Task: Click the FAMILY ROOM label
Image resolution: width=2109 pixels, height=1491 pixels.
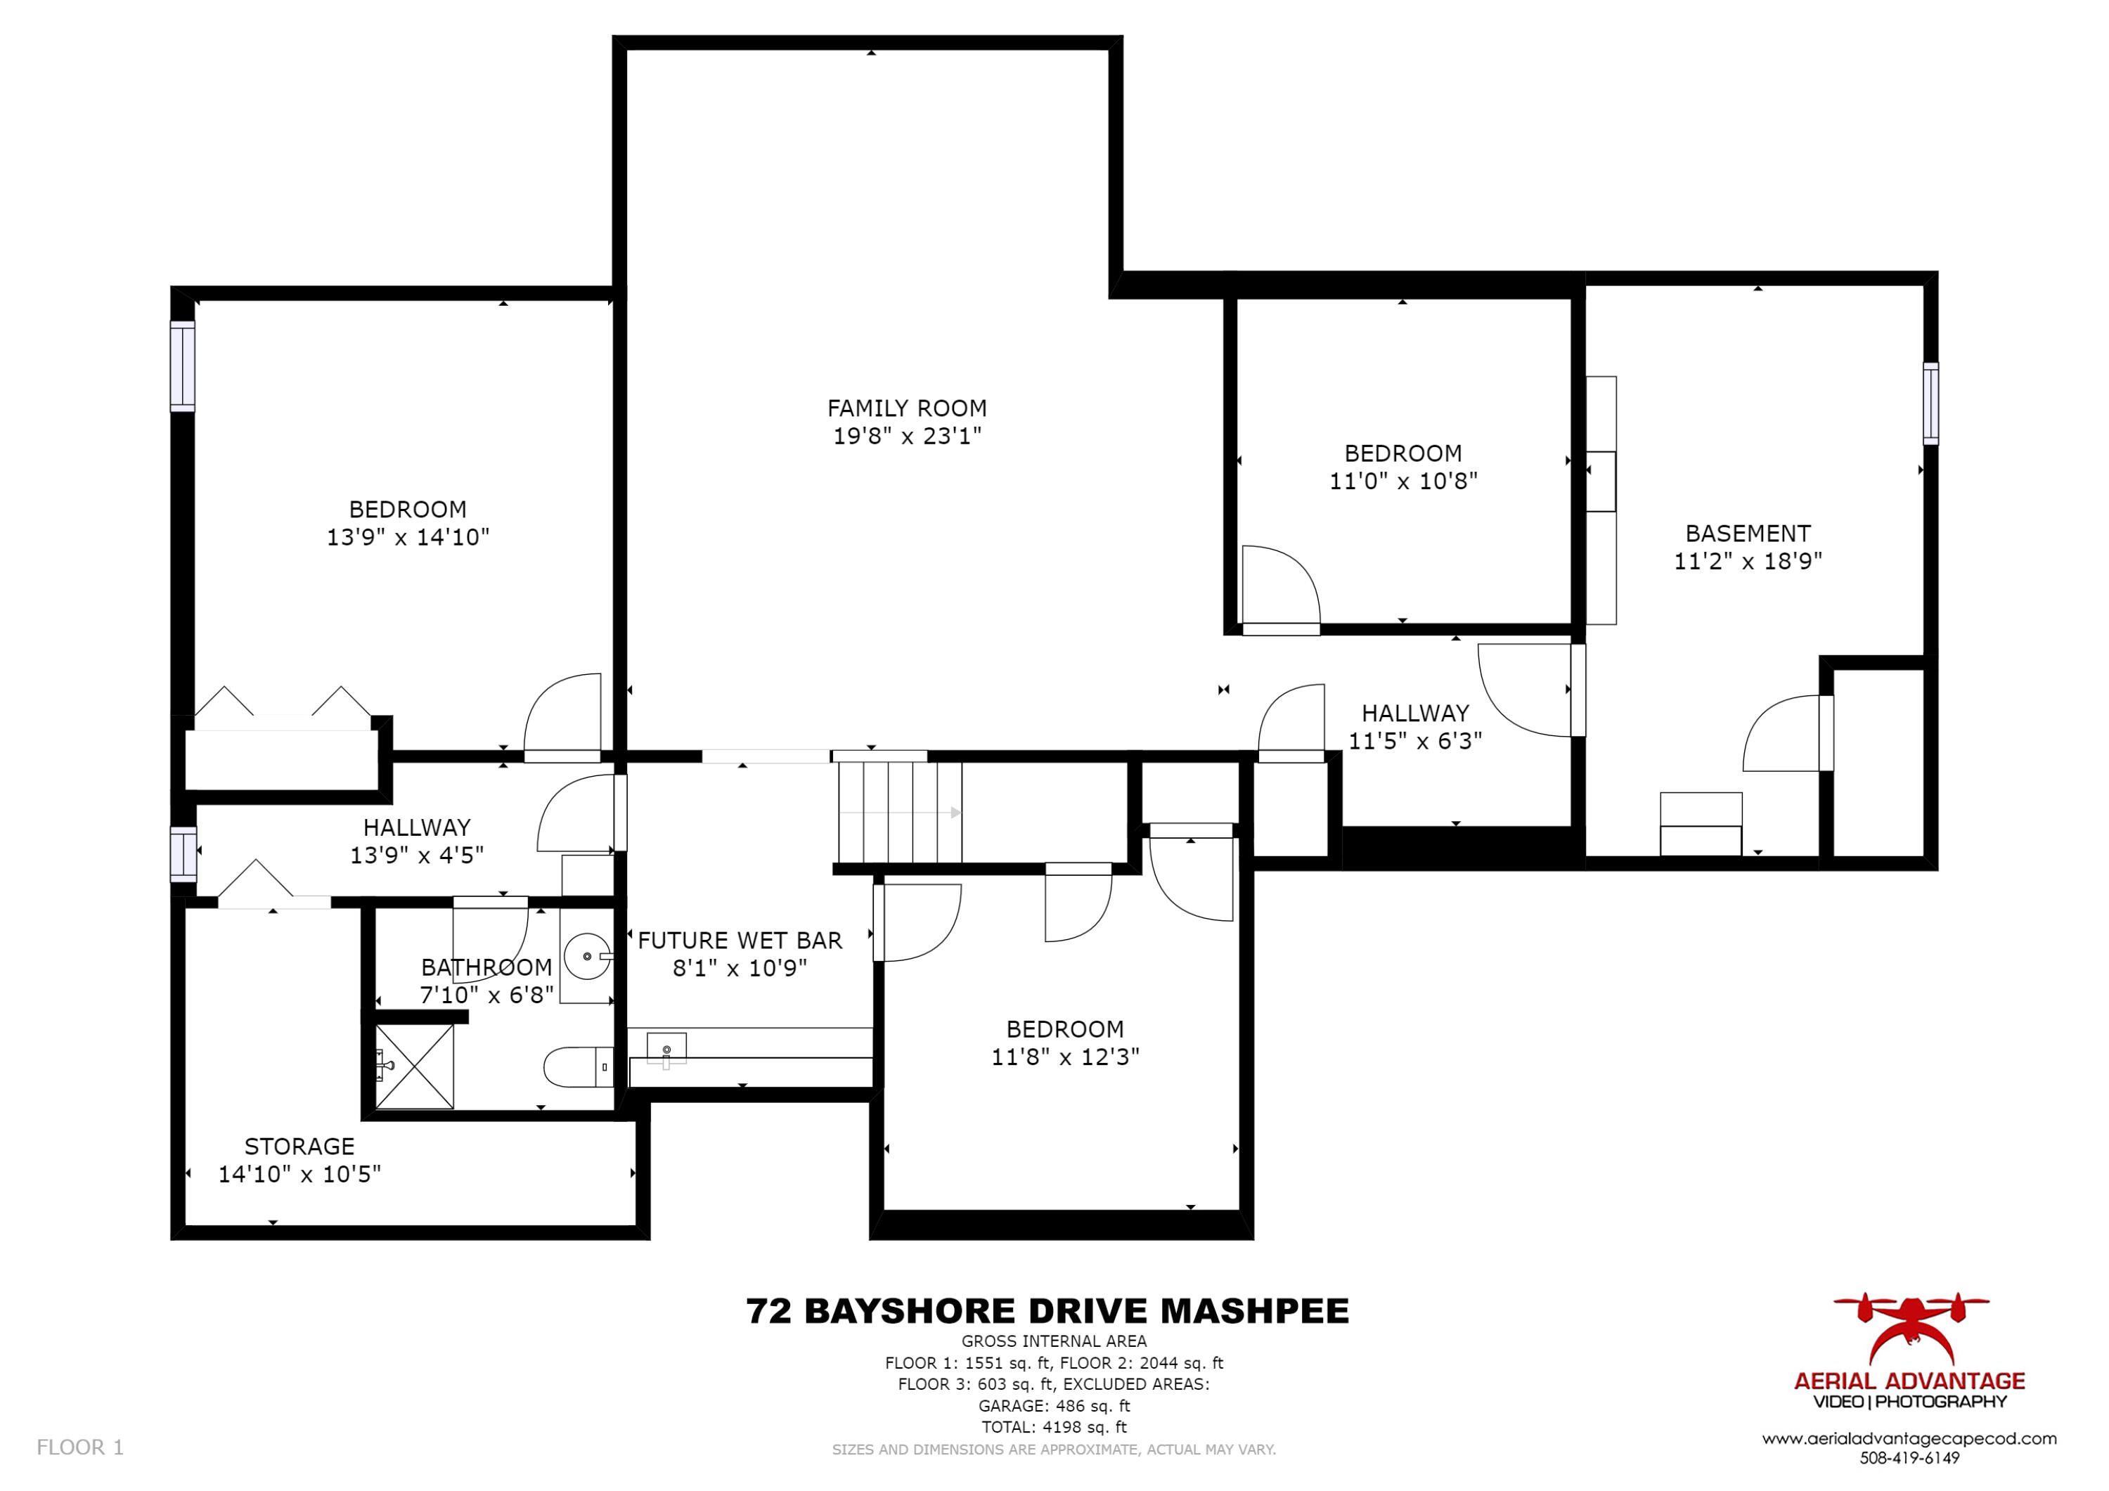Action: point(907,408)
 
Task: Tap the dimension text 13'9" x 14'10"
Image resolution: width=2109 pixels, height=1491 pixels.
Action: point(408,538)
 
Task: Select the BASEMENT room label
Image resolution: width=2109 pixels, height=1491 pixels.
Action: point(1747,534)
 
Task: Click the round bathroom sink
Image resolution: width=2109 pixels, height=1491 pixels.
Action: point(586,956)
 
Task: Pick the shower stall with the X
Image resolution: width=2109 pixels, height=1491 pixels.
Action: point(414,1066)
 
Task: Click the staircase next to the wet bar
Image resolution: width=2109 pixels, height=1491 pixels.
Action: point(898,812)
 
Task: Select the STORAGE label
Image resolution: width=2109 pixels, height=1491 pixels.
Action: point(299,1147)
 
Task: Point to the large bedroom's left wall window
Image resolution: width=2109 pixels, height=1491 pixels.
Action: point(182,366)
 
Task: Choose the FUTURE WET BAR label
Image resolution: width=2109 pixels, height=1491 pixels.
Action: point(740,941)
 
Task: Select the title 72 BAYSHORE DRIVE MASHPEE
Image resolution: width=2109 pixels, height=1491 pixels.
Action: point(1047,1311)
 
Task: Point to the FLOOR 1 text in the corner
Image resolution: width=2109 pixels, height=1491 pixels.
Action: point(80,1448)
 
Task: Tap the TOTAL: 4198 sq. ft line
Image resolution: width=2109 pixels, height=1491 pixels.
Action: point(1054,1427)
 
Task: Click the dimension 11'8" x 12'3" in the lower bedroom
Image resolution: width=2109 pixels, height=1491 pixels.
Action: point(1064,1057)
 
